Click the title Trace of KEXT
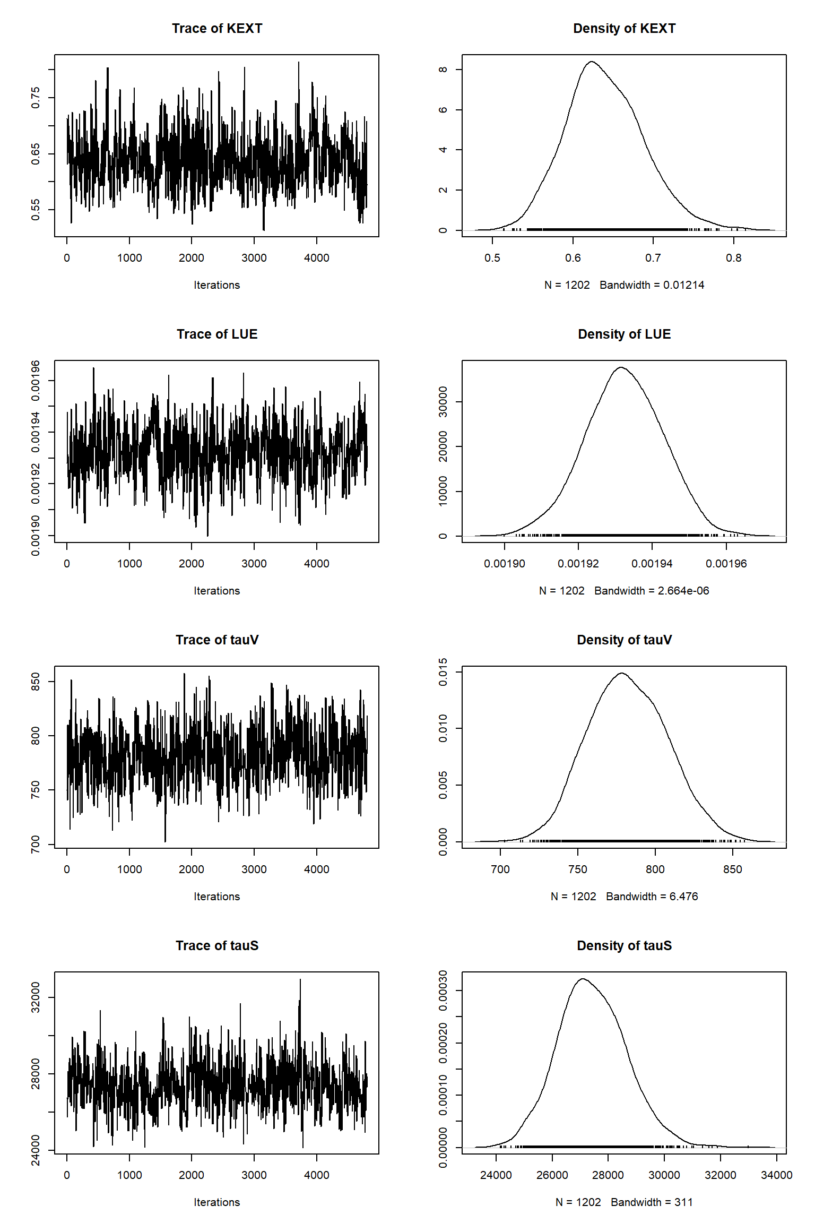coord(217,29)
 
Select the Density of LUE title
coord(624,334)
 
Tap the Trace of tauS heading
coord(217,945)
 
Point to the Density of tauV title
coord(624,640)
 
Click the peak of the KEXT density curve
coord(591,62)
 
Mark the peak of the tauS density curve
coord(583,979)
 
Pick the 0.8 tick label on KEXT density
coord(734,258)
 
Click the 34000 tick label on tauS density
coord(776,1175)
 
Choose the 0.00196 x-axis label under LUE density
coord(726,564)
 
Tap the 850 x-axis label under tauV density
coord(732,869)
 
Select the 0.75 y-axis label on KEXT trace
coord(36,98)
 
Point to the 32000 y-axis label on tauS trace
coord(36,997)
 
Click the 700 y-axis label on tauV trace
coord(36,844)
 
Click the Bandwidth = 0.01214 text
coord(652,285)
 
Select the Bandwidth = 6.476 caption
coord(652,897)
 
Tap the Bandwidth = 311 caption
coord(652,1202)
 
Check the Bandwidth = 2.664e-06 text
coord(652,591)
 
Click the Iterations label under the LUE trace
coord(216,591)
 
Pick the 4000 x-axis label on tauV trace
coord(316,869)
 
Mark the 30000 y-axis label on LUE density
coord(443,402)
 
